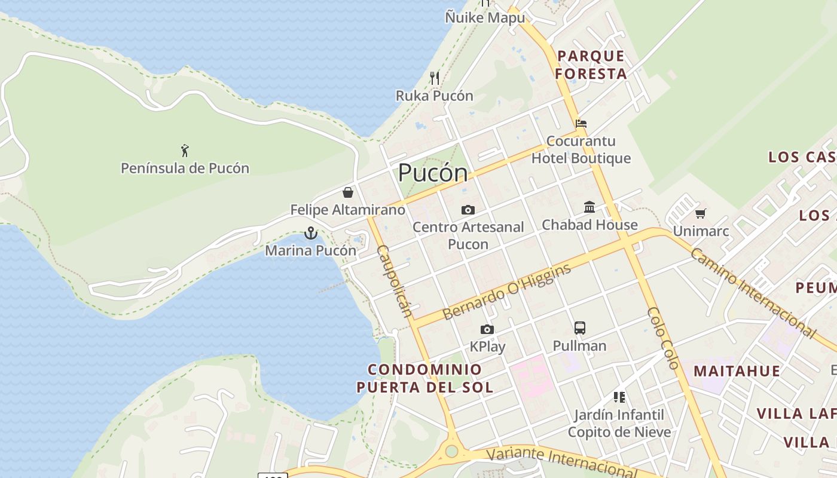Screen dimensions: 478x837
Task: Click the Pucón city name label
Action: pos(433,173)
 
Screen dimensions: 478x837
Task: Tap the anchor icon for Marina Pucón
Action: pos(310,233)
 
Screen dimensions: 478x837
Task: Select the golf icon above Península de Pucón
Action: pos(185,150)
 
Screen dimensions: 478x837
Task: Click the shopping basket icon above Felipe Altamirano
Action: pos(348,192)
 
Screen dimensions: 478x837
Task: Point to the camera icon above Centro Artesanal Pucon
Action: pos(468,210)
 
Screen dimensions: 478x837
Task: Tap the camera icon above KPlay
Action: pos(487,329)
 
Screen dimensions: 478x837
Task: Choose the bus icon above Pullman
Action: pos(579,327)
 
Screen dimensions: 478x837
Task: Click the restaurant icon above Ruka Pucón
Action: pos(435,78)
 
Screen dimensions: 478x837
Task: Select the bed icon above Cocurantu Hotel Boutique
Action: pos(581,124)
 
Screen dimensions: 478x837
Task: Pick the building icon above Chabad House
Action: pos(589,207)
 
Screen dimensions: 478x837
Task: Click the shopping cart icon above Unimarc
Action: pos(701,213)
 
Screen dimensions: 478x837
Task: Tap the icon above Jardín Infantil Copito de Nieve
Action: pos(619,397)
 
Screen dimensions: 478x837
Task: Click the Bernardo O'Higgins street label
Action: pos(506,292)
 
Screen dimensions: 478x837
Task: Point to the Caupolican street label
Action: pos(395,281)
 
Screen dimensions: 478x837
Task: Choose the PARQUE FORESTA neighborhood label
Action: pos(591,65)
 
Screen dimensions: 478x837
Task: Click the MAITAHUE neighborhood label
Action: pos(737,371)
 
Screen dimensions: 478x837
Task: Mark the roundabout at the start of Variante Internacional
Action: pos(452,451)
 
